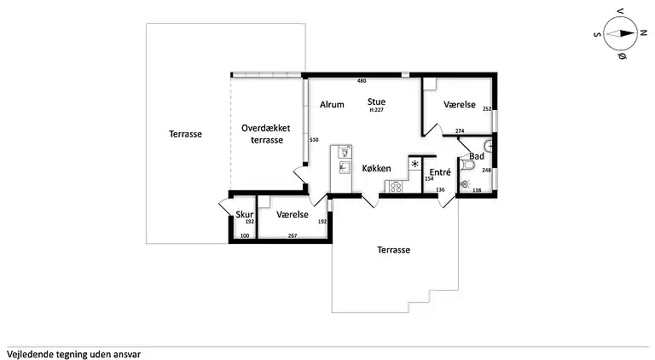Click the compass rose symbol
click(x=620, y=33)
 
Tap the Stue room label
click(x=376, y=102)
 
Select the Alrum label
click(x=332, y=104)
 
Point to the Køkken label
click(x=376, y=168)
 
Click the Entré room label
click(x=440, y=172)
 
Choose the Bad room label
click(x=477, y=156)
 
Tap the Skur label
click(x=245, y=214)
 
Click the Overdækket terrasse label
click(x=266, y=134)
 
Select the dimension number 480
click(x=362, y=81)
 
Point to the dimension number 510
click(x=314, y=140)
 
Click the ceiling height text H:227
click(x=376, y=110)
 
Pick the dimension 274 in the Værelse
click(x=460, y=131)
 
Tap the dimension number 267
click(x=293, y=236)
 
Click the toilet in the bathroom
click(x=467, y=165)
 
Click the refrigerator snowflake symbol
click(x=414, y=164)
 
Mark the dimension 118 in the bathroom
click(x=477, y=190)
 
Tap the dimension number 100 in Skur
click(x=245, y=236)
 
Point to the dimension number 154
click(x=429, y=179)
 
